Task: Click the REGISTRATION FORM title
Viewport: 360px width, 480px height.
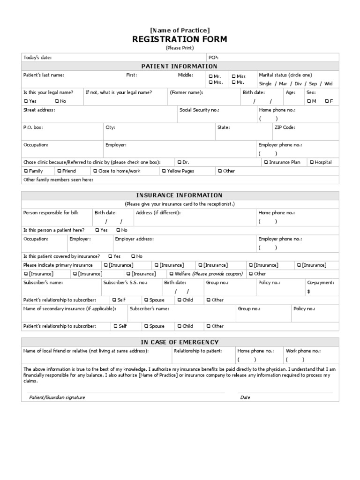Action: coord(180,39)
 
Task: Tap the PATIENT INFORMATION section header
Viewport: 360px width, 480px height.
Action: coord(180,66)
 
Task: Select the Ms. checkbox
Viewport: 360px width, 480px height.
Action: coord(233,82)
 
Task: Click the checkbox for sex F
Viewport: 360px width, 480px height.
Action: coord(326,101)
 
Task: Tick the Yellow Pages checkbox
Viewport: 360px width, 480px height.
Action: coord(164,171)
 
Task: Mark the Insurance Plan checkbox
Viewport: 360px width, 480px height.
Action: coord(266,162)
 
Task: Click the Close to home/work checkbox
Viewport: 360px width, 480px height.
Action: coord(95,171)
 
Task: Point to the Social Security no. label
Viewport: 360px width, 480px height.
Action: coord(199,110)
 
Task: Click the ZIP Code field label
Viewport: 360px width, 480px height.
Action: coord(285,127)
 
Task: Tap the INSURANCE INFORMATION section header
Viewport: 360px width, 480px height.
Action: coord(180,195)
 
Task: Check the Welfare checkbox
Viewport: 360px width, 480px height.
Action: coord(171,274)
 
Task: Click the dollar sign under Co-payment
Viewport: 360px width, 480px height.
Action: coord(308,291)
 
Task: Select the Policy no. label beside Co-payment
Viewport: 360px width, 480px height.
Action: coord(269,283)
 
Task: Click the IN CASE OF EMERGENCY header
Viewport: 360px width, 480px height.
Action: coord(180,342)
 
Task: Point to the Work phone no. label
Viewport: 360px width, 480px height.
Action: coord(303,351)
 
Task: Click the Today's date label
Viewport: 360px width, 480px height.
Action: coord(37,57)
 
